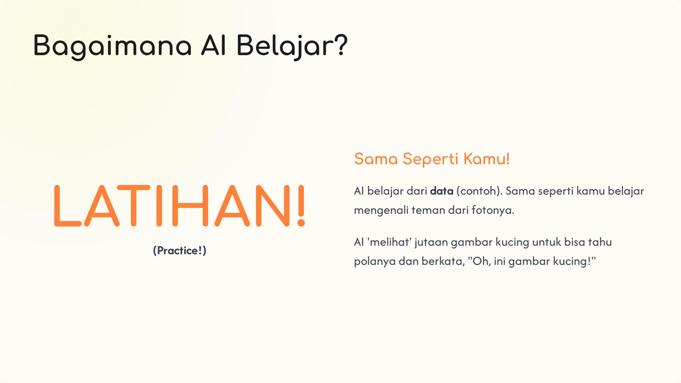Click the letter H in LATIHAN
pos(190,206)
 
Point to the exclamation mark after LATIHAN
pos(301,206)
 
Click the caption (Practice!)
pos(180,251)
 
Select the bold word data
pos(442,191)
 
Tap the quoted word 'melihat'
pos(389,242)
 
